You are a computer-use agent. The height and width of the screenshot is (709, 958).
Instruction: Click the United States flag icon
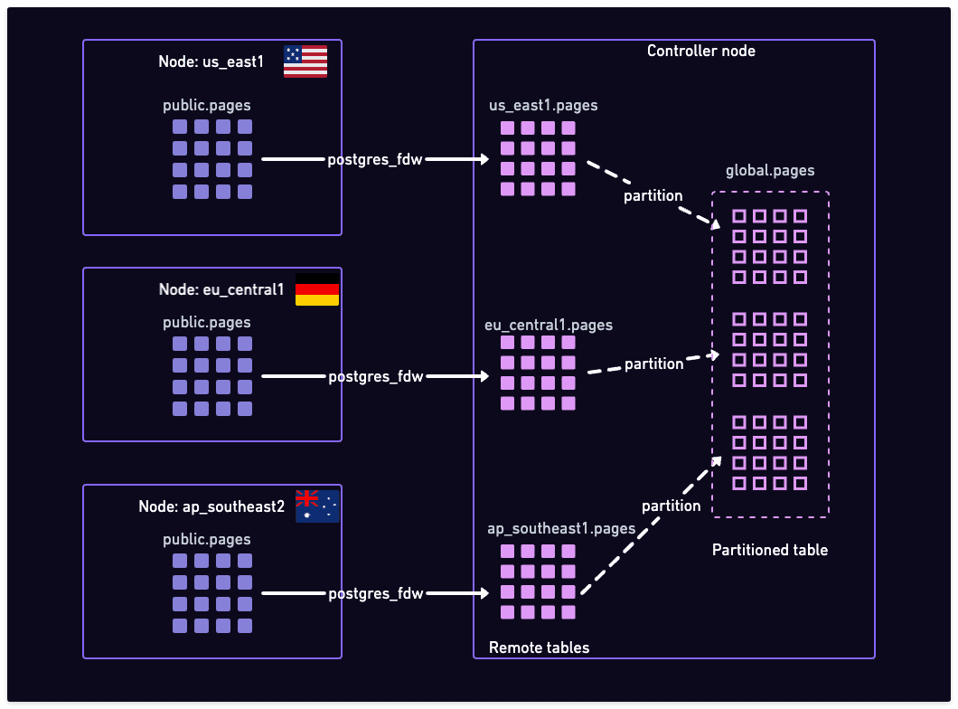[x=305, y=61]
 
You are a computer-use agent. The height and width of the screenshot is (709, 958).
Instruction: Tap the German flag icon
[x=317, y=289]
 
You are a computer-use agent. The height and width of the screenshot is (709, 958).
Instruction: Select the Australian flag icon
[x=317, y=506]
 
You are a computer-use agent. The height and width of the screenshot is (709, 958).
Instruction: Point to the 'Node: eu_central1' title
[x=221, y=290]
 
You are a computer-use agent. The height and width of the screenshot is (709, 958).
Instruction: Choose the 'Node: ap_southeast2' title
[x=211, y=507]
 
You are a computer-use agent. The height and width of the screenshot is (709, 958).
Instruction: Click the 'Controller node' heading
[x=700, y=51]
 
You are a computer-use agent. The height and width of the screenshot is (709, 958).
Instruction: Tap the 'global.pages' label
[x=770, y=170]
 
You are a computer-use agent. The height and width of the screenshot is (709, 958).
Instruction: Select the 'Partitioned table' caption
[x=769, y=550]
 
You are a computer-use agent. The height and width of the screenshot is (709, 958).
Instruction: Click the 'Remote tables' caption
[x=539, y=648]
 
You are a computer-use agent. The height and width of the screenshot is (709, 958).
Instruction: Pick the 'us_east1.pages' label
[x=543, y=106]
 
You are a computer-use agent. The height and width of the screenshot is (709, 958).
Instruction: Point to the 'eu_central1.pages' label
[x=549, y=325]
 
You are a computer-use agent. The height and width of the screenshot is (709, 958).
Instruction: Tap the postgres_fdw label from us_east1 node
[x=375, y=160]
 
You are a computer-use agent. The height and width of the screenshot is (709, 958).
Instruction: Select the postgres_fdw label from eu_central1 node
[x=375, y=376]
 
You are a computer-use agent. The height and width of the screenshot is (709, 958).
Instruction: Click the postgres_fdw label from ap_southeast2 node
[x=375, y=594]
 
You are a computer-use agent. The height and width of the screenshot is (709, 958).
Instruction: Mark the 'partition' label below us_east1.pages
[x=653, y=195]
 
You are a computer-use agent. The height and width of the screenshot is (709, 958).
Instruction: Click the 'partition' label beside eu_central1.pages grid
[x=654, y=364]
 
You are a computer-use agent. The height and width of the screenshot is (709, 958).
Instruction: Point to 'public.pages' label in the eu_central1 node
[x=207, y=323]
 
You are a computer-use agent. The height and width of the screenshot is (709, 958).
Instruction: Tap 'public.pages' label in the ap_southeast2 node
[x=207, y=540]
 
